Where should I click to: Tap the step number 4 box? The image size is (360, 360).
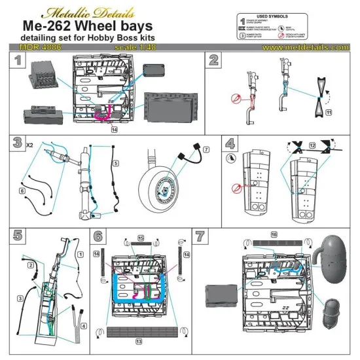230,143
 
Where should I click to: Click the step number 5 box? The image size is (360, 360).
18,236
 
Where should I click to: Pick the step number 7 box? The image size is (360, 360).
200,236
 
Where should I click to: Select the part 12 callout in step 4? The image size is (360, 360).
312,143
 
